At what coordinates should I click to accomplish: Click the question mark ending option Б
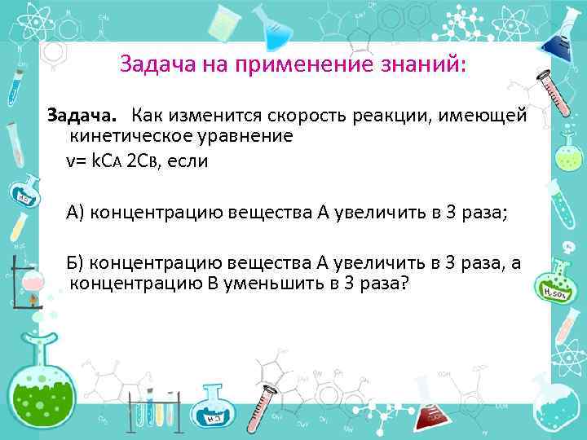coord(405,284)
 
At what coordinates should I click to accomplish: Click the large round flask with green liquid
coord(40,383)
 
